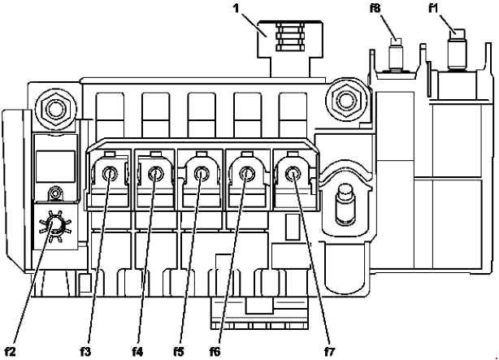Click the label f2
[x=11, y=352]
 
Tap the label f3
[x=85, y=352]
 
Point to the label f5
[x=179, y=352]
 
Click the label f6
[x=215, y=352]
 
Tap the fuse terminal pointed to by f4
[x=155, y=173]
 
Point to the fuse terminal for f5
[x=201, y=173]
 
